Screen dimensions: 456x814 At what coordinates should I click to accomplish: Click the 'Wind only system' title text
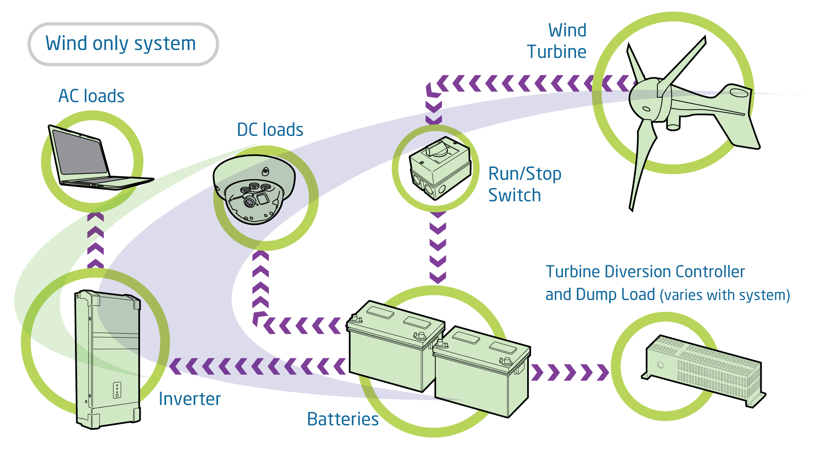[121, 44]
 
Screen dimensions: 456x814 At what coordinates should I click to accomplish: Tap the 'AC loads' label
[91, 96]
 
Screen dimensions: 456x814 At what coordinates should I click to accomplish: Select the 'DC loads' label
[270, 130]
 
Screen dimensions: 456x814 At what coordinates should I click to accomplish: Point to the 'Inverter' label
[190, 399]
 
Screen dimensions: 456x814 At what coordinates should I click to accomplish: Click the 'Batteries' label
[343, 419]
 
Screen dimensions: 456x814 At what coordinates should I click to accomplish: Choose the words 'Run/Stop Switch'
[524, 184]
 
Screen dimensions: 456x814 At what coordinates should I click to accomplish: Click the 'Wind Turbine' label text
[557, 41]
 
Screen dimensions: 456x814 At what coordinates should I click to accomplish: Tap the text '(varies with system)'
[725, 295]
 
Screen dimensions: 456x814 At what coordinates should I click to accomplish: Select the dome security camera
[254, 190]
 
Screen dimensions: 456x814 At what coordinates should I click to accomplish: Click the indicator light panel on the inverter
[117, 390]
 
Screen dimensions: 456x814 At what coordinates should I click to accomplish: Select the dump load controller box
[703, 369]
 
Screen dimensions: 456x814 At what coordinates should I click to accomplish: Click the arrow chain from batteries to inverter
[258, 367]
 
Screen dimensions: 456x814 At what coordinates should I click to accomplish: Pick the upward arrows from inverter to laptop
[95, 240]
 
